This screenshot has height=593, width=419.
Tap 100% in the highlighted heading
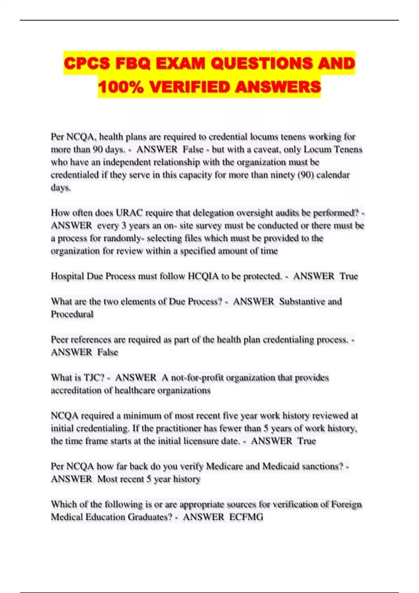[121, 87]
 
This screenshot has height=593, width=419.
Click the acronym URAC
[129, 213]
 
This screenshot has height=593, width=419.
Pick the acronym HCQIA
[204, 276]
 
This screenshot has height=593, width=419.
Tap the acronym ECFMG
[246, 517]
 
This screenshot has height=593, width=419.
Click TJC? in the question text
[94, 378]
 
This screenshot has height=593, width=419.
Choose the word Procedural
[72, 314]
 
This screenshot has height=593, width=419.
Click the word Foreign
[346, 504]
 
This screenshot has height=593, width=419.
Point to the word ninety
[282, 175]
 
